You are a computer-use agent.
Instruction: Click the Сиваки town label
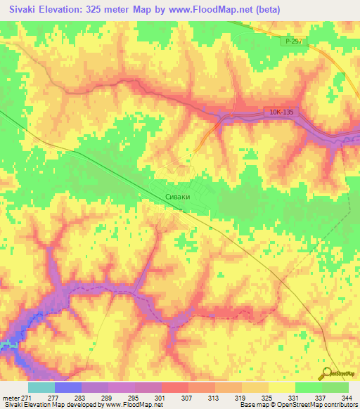[x=177, y=198]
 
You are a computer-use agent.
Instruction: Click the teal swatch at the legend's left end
[x=41, y=387]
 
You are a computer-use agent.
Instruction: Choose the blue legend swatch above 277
[x=67, y=387]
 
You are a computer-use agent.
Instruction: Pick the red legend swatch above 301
[x=174, y=387]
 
